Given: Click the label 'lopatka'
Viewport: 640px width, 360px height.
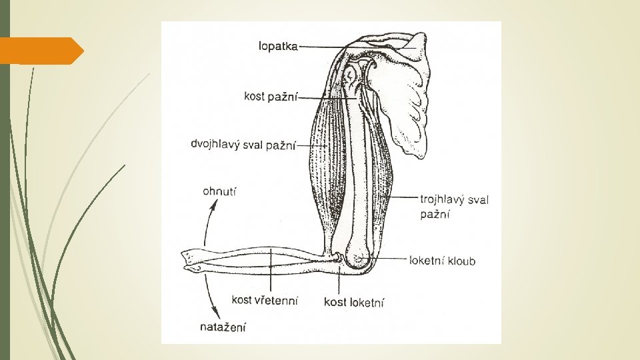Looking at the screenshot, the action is pos(278,47).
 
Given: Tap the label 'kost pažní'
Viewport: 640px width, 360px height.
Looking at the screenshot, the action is pos(271,97).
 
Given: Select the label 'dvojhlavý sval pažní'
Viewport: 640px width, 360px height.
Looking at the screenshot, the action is pos(243,144).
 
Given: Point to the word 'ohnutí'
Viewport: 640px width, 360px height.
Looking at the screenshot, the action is pos(219,192).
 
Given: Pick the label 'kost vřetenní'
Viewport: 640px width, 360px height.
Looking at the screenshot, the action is pos(265,300).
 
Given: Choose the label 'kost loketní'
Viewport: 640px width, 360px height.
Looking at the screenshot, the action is pos(354,303).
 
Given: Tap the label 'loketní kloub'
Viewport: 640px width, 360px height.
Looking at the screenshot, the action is pos(443,261).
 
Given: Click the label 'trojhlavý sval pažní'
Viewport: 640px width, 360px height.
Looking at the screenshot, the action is pos(454,206).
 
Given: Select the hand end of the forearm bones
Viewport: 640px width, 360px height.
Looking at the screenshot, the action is pos(193,261).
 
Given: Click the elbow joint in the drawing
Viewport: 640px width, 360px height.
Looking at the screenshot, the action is pos(357,257).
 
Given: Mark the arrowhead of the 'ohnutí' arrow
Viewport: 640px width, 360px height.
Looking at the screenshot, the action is pos(213,205).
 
